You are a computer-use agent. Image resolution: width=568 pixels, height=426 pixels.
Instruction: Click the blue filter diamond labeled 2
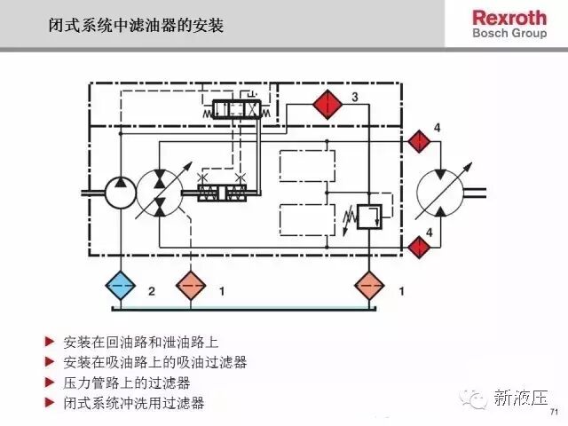coord(121,286)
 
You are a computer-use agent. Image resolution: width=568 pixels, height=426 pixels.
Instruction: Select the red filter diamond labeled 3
coord(327,105)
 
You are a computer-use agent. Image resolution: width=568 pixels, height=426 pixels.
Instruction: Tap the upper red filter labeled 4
coord(419,141)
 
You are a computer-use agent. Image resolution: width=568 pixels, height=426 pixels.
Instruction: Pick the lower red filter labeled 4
coord(419,247)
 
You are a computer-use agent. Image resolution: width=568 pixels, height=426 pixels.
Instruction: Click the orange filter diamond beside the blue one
coord(191,286)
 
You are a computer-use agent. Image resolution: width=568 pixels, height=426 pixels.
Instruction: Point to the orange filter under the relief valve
coord(369,286)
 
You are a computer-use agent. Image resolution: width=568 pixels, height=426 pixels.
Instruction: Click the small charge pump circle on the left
coord(121,193)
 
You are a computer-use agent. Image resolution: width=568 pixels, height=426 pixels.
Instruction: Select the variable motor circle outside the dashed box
coord(440,193)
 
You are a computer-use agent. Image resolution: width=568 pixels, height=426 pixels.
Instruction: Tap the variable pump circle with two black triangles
coord(160,193)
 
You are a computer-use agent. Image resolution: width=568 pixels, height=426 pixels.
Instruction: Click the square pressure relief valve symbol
coord(369,217)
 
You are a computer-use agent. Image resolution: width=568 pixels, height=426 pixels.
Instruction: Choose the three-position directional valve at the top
coord(237,109)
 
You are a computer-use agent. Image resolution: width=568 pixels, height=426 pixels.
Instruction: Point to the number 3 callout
coord(355,97)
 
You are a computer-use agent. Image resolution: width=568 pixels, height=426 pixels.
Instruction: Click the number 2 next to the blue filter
coord(152,291)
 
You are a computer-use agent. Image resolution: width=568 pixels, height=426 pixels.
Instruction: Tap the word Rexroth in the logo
coord(509,18)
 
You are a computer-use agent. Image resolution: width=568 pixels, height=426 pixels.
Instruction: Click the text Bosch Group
coord(509,34)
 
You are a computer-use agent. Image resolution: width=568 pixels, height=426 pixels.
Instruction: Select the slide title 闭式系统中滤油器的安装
coord(136,26)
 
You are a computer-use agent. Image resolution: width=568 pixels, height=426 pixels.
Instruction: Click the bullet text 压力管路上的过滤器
coord(127,383)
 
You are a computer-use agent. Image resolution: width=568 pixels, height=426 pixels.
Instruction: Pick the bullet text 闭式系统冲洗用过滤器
coord(134,403)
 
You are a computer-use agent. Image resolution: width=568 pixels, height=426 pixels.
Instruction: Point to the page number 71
coord(554,412)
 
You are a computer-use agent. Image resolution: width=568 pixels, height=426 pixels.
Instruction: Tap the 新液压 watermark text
coord(521,398)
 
